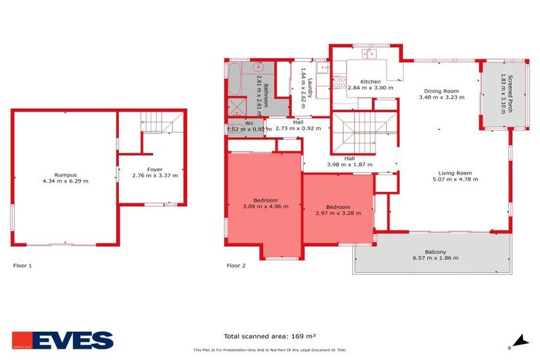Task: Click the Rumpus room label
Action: click(x=65, y=174)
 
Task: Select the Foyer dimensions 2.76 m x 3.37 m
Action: click(x=155, y=175)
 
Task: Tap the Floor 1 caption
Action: click(x=22, y=266)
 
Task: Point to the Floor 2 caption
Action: click(x=236, y=266)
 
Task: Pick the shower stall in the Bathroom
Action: click(x=233, y=107)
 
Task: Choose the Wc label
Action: click(x=249, y=124)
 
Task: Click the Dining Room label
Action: click(x=441, y=91)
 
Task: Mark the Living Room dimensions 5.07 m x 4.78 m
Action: click(x=454, y=179)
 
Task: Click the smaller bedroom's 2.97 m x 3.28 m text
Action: click(x=338, y=213)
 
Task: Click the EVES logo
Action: click(x=63, y=340)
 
